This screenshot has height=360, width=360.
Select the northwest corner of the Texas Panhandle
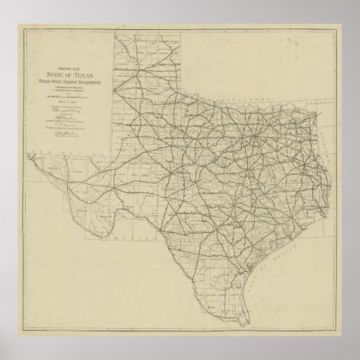point(115,33)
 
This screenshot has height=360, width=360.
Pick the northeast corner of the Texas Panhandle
point(187,33)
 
